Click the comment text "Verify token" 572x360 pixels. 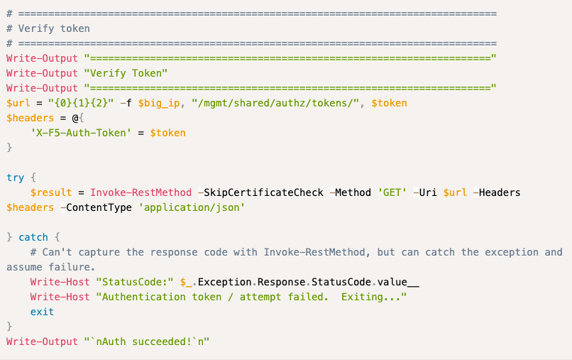pos(54,28)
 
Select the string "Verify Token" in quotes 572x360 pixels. pos(126,73)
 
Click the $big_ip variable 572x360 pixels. pos(159,104)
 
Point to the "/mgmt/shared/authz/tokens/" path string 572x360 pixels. pos(276,104)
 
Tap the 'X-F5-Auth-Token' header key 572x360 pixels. pos(81,133)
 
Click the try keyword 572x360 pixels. pos(16,178)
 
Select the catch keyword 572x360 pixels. pos(33,237)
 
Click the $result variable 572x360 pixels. pos(51,192)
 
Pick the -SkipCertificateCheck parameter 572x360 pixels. pos(260,192)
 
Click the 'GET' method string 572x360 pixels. pos(392,192)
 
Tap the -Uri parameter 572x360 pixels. pos(425,192)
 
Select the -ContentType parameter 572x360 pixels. pos(96,208)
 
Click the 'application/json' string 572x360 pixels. pos(192,208)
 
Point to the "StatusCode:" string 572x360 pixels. pos(135,282)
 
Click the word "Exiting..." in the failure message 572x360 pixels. pos(371,298)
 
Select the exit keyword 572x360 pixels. pos(42,312)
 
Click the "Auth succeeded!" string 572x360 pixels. pos(147,342)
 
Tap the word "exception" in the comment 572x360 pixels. pos(512,252)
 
